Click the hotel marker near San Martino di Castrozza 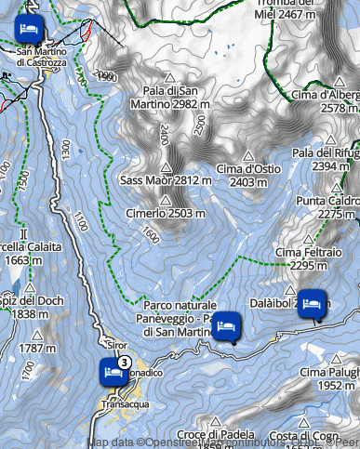29,27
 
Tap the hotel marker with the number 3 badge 113,373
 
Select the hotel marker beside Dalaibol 313,303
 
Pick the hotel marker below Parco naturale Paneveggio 227,327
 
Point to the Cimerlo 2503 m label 166,215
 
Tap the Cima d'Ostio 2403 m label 248,175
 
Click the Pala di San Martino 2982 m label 170,97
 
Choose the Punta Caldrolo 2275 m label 325,206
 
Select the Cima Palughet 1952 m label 329,378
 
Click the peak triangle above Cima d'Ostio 248,156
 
